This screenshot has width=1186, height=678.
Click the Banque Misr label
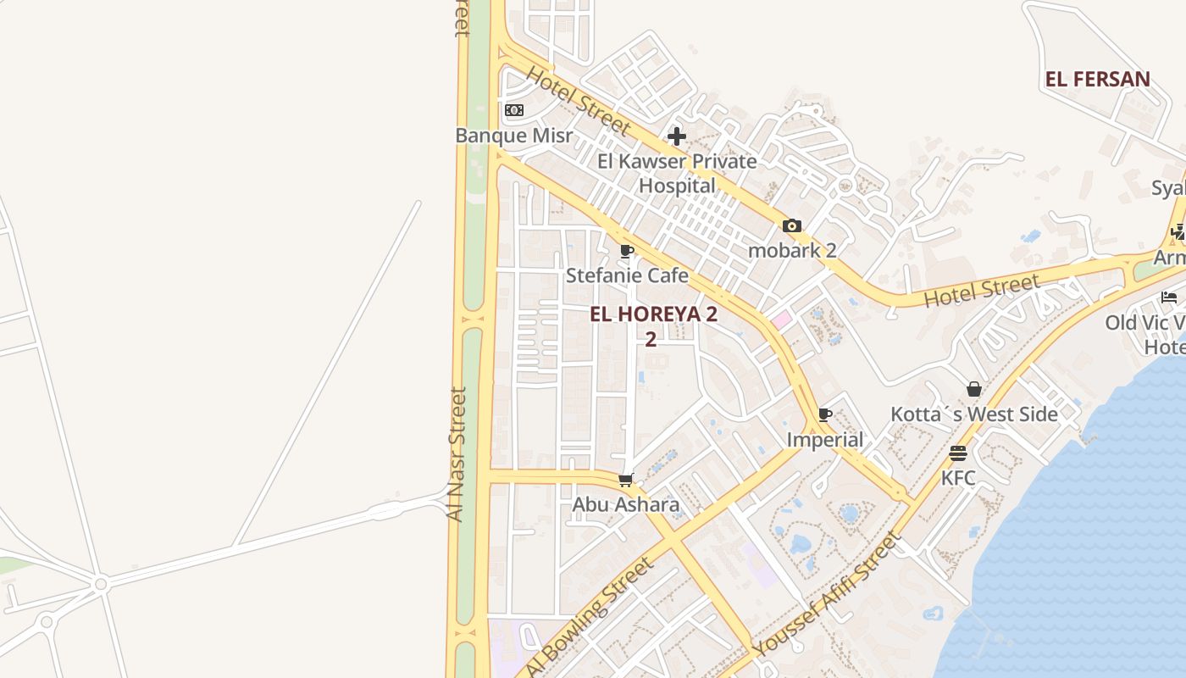514,136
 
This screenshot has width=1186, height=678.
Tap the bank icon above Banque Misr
514,110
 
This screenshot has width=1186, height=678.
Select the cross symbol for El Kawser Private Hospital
676,136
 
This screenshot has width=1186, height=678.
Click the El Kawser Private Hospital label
677,173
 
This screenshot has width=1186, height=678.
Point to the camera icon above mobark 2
792,225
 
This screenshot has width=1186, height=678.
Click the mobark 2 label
792,250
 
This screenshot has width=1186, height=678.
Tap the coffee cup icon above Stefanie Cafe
627,251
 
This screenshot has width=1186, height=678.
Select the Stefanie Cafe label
627,275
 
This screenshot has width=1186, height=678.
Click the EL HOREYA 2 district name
653,314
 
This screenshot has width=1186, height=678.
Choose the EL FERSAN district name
1097,80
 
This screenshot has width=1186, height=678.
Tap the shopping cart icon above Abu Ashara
626,481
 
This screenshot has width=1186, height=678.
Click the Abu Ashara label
626,505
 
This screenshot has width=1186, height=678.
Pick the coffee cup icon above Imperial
825,415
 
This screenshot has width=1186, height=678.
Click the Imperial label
825,440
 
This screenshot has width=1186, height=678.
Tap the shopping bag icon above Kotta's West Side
974,389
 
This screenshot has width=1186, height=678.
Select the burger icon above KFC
958,453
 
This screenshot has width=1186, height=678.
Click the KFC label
958,478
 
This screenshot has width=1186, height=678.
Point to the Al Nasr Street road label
457,454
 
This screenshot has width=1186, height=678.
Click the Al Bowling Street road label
590,616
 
